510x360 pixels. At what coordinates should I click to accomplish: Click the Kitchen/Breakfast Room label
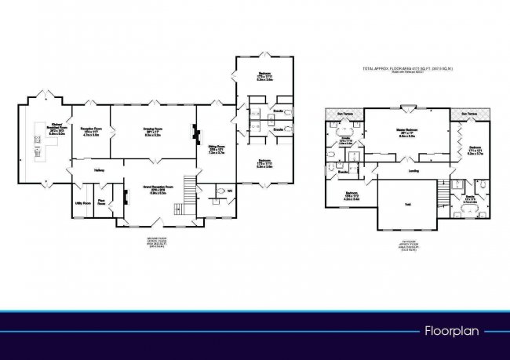coord(57,128)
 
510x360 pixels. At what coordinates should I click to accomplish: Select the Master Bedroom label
coord(412,131)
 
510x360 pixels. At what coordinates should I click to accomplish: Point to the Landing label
coord(413,171)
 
